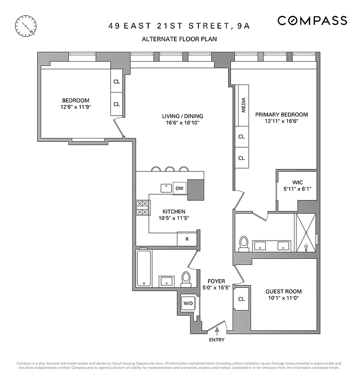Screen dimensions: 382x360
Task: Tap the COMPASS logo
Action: [x=312, y=21]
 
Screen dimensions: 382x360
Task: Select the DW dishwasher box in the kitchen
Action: [x=179, y=188]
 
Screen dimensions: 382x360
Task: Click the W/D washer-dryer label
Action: [x=187, y=303]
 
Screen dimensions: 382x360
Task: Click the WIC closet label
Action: [x=297, y=182]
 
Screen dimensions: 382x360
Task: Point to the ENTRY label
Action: [x=216, y=340]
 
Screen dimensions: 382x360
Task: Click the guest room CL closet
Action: [x=241, y=299]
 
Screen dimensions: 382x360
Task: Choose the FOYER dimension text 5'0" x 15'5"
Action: [x=216, y=287]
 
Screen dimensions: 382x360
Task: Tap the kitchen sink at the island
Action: [x=166, y=188]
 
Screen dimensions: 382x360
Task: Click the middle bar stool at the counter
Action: [x=170, y=169]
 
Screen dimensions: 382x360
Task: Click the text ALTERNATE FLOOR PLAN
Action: [x=179, y=39]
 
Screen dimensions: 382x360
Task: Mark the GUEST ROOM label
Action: [x=284, y=291]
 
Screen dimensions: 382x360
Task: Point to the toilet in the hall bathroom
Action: [x=186, y=278]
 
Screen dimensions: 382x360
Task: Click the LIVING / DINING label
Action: [x=182, y=116]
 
